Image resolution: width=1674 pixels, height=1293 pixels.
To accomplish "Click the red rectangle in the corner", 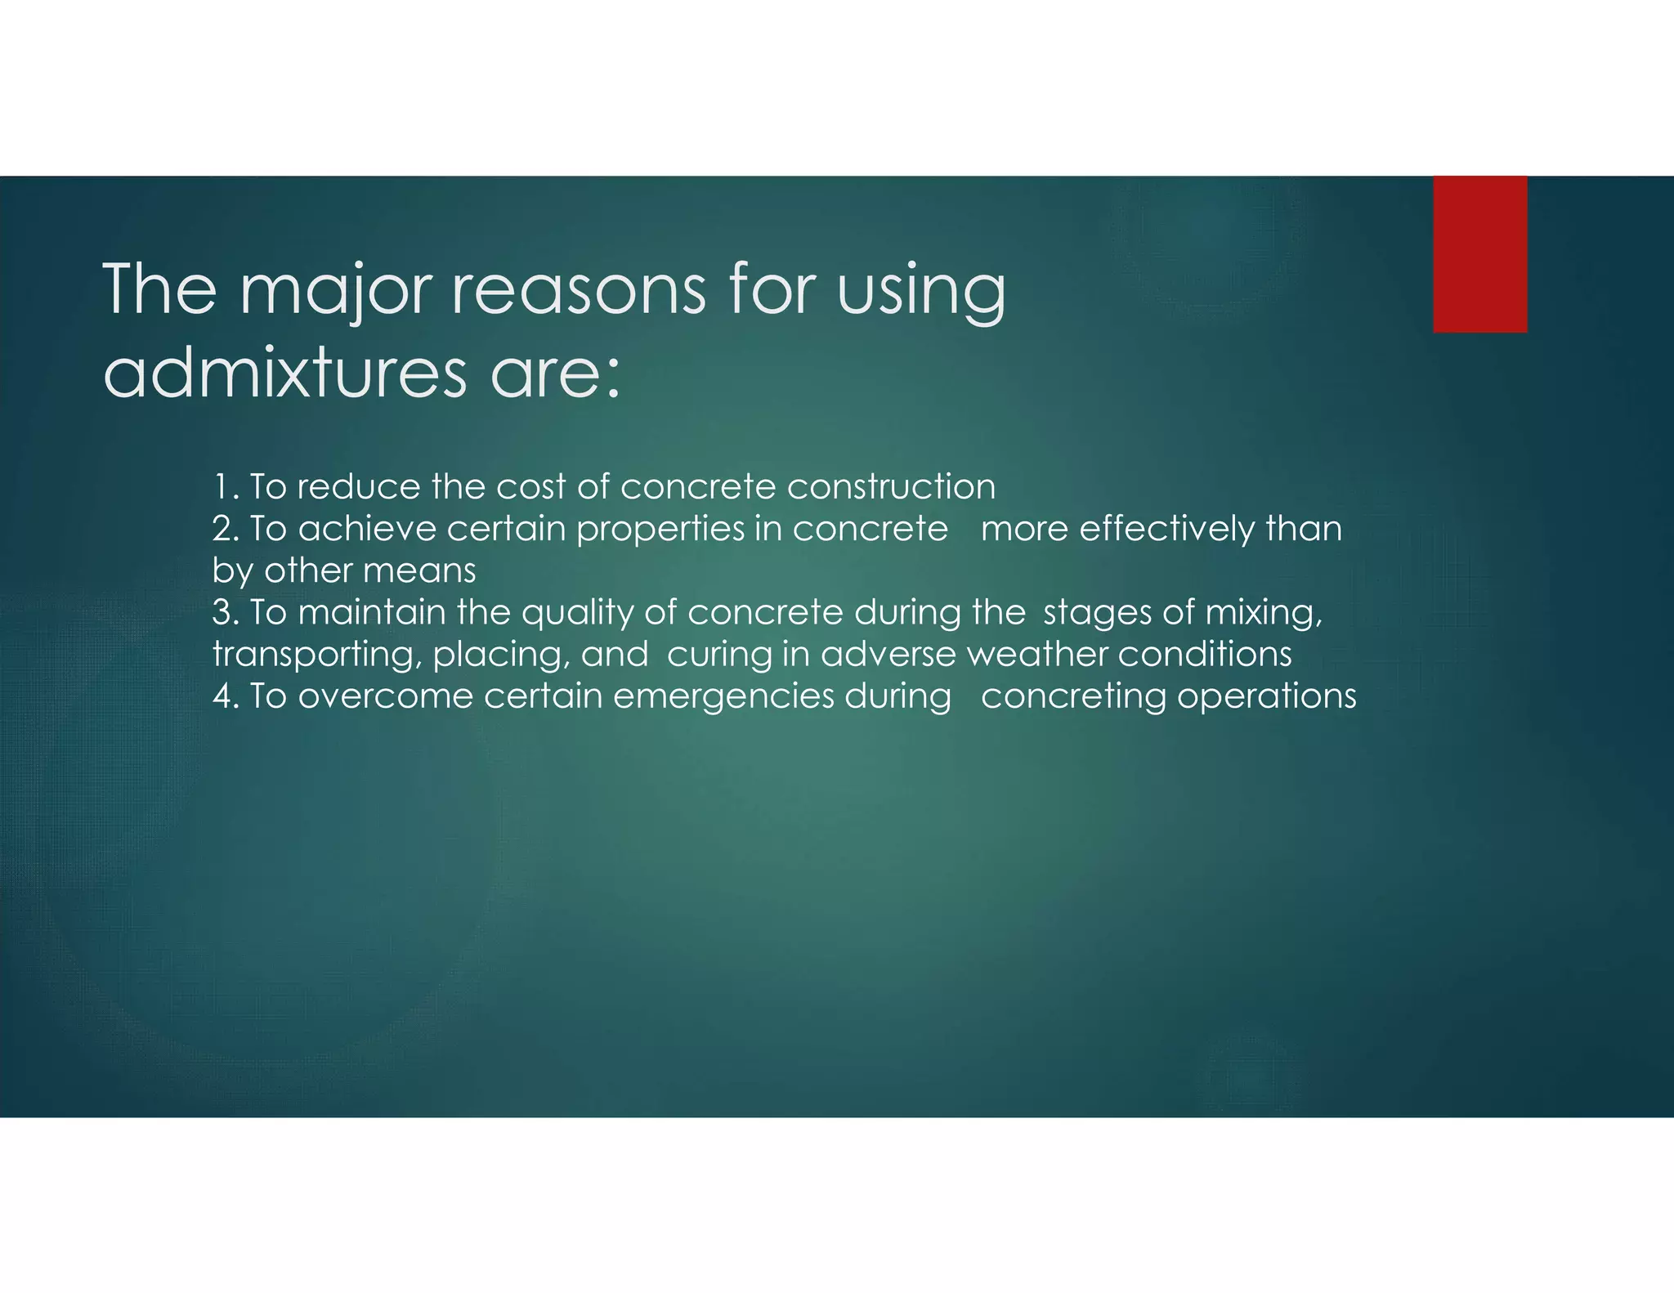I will point(1479,254).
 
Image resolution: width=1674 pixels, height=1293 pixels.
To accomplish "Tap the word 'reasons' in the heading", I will point(578,290).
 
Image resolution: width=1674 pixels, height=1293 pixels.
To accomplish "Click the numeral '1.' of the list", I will point(226,487).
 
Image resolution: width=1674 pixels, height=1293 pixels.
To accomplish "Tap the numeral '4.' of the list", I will point(226,696).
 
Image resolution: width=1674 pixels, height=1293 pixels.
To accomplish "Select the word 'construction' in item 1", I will point(891,487).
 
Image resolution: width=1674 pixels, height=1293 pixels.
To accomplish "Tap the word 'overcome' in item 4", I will point(386,696).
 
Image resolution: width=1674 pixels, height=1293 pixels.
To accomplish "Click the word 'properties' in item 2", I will point(660,530).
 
